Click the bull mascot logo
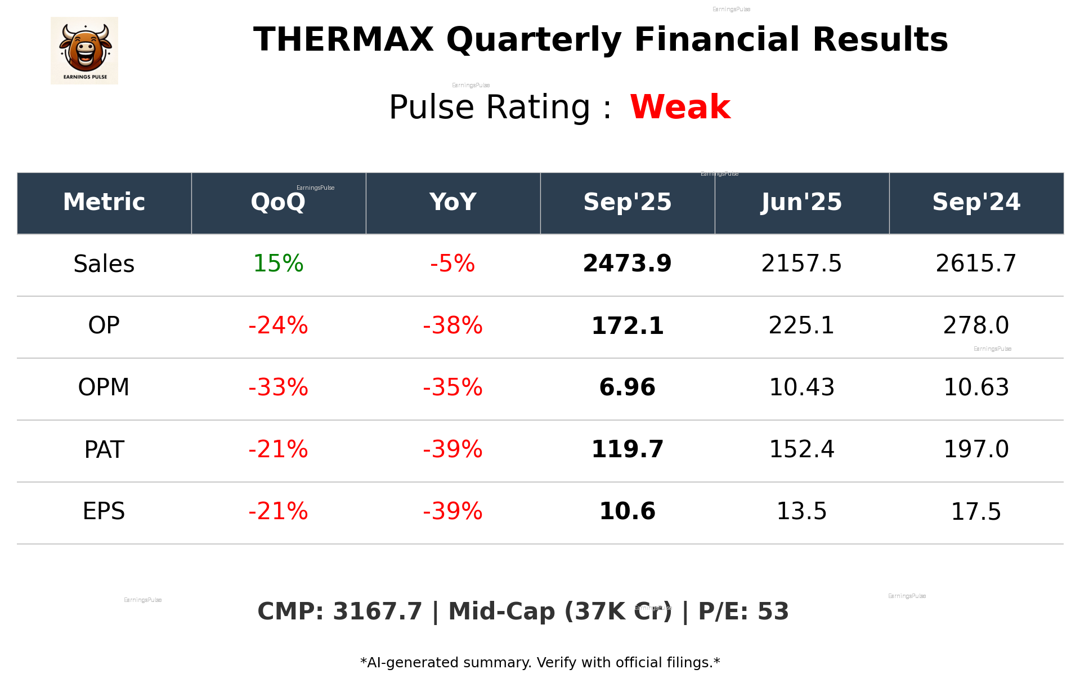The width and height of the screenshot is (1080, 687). [84, 50]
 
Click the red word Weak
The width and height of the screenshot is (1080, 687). [680, 107]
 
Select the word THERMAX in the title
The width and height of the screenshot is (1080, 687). [343, 40]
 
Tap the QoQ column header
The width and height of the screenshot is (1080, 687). [278, 202]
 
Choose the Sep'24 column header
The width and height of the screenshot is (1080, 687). [976, 202]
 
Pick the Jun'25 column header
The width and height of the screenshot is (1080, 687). [801, 202]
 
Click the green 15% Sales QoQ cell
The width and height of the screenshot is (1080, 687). [278, 264]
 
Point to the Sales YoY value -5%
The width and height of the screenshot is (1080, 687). [452, 264]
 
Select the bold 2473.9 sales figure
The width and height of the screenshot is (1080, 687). [627, 264]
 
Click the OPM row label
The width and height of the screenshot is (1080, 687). [104, 387]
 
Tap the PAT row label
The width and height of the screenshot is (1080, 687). [104, 449]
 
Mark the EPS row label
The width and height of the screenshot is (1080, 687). [104, 511]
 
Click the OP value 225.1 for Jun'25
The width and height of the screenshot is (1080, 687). [801, 325]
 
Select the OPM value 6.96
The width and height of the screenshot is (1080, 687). [627, 387]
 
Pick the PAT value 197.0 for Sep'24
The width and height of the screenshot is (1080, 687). [976, 449]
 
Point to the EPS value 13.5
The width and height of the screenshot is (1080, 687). [801, 511]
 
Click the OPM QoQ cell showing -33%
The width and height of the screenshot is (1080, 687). [278, 387]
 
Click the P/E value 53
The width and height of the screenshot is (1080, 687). [773, 612]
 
